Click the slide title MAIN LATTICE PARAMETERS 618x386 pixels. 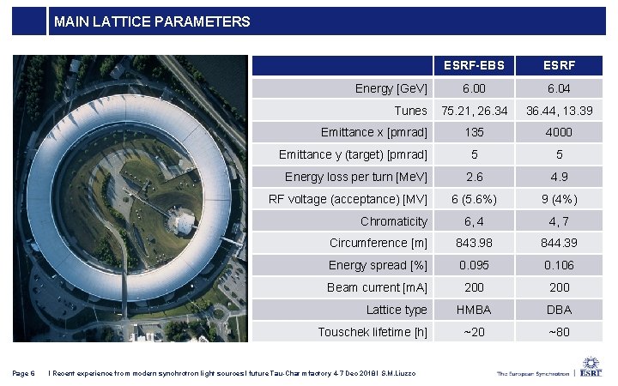(x=152, y=21)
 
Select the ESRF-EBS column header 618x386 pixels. (x=474, y=65)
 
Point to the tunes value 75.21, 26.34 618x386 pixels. (x=474, y=111)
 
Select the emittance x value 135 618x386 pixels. (x=474, y=133)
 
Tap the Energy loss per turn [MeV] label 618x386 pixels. (x=355, y=177)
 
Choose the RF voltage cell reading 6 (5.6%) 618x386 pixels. (x=474, y=199)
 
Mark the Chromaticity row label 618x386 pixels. (x=393, y=221)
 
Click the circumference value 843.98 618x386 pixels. (x=474, y=244)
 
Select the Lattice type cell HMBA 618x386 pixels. (x=474, y=310)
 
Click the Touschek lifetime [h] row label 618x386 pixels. (x=372, y=332)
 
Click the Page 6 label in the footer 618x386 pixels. (x=24, y=371)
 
